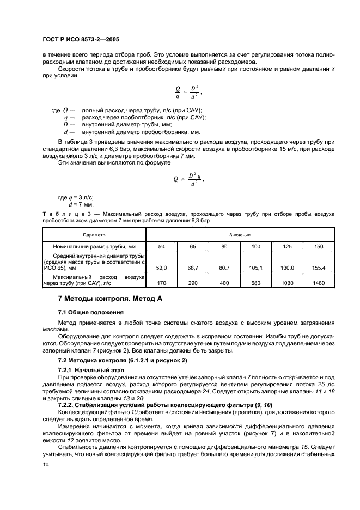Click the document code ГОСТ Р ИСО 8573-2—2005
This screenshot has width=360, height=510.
pyautogui.click(x=81, y=40)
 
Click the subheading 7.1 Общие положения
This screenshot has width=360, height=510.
pyautogui.click(x=90, y=312)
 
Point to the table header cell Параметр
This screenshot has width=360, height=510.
pyautogui.click(x=94, y=234)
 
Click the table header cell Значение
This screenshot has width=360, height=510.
pyautogui.click(x=240, y=234)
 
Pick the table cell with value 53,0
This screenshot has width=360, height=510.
pyautogui.click(x=161, y=268)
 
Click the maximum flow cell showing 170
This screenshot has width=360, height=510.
pyautogui.click(x=161, y=283)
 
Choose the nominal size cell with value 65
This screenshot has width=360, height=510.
pyautogui.click(x=192, y=246)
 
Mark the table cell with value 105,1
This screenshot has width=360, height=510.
pyautogui.click(x=255, y=268)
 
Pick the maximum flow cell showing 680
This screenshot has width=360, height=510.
pyautogui.click(x=255, y=283)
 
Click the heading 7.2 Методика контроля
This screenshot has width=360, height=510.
pyautogui.click(x=122, y=361)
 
